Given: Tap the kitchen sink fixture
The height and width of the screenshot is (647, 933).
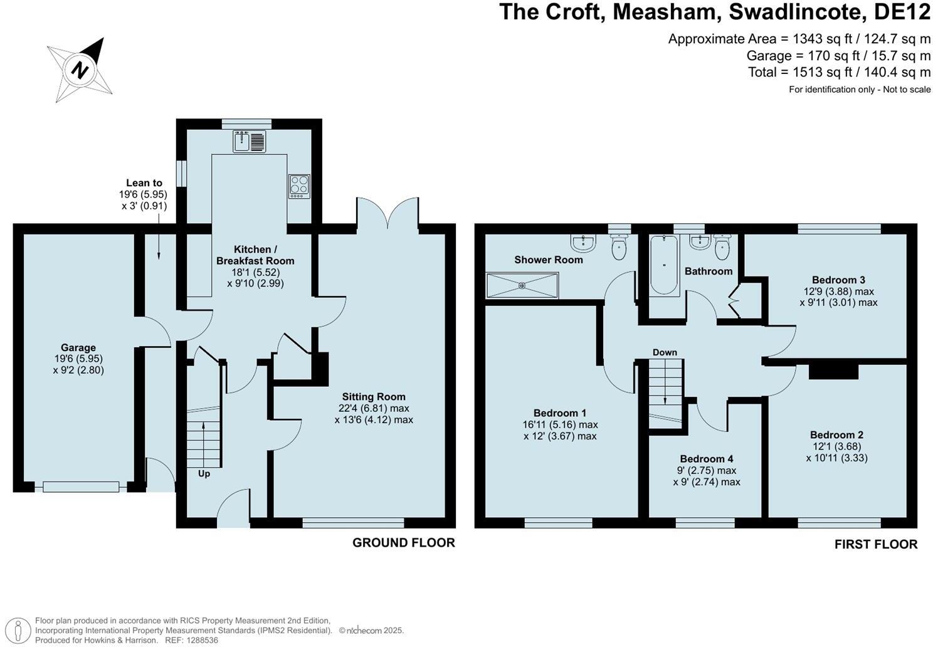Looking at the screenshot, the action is click(250, 141).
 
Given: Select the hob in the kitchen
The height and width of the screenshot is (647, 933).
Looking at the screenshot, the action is click(300, 186).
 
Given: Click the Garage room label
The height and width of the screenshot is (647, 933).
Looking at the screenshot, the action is click(78, 347).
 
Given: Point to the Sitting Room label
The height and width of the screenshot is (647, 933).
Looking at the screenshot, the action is click(374, 397).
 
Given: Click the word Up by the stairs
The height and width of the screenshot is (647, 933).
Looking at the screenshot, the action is click(204, 474).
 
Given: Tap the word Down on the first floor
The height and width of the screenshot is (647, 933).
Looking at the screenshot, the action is click(665, 352).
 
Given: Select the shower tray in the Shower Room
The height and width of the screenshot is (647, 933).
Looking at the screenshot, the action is click(522, 285).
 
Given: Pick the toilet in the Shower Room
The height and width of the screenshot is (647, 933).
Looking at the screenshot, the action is click(619, 247).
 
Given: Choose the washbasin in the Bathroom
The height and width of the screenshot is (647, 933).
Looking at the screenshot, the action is click(700, 242).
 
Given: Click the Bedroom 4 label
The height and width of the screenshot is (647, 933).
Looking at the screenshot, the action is click(707, 459).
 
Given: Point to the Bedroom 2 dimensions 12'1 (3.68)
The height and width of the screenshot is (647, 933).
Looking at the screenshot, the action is click(836, 446).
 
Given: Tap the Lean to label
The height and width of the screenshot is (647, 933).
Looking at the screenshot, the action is click(144, 183).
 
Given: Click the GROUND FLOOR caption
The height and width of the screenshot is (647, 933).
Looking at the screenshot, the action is click(404, 542).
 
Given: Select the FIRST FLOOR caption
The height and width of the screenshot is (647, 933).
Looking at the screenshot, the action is click(876, 544).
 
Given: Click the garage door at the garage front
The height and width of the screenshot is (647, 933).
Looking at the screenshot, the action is click(81, 487).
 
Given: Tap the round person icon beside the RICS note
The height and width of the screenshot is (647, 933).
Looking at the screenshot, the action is click(18, 630).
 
